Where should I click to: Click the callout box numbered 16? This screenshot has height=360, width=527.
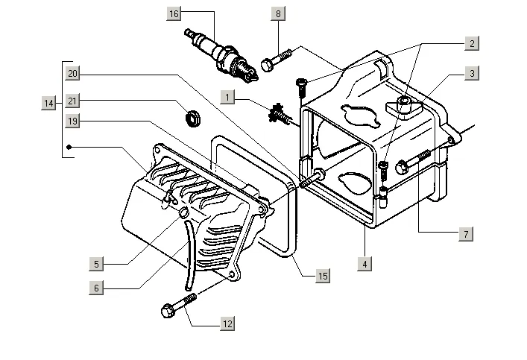click(x=174, y=14)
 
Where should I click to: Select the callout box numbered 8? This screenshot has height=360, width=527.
click(x=278, y=14)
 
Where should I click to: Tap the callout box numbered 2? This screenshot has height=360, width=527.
click(x=471, y=44)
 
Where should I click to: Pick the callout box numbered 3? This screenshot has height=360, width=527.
click(x=471, y=74)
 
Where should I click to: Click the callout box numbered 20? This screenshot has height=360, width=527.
click(x=72, y=73)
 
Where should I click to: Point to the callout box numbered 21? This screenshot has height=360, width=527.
click(x=72, y=101)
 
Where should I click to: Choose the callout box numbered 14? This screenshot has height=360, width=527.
click(x=48, y=104)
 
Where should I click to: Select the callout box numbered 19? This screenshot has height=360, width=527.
click(x=72, y=121)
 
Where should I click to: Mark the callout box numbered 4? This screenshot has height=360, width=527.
click(x=364, y=264)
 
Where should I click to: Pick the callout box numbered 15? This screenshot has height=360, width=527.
click(x=322, y=276)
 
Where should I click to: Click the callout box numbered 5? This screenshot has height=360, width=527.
click(x=96, y=263)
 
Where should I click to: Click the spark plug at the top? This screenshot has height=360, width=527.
click(x=222, y=53)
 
